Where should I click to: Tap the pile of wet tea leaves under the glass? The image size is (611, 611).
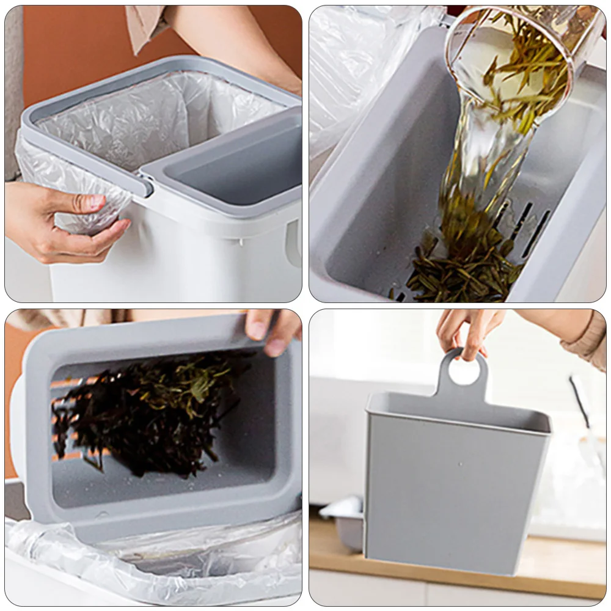464,269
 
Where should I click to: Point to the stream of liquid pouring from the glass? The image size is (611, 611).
483,165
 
